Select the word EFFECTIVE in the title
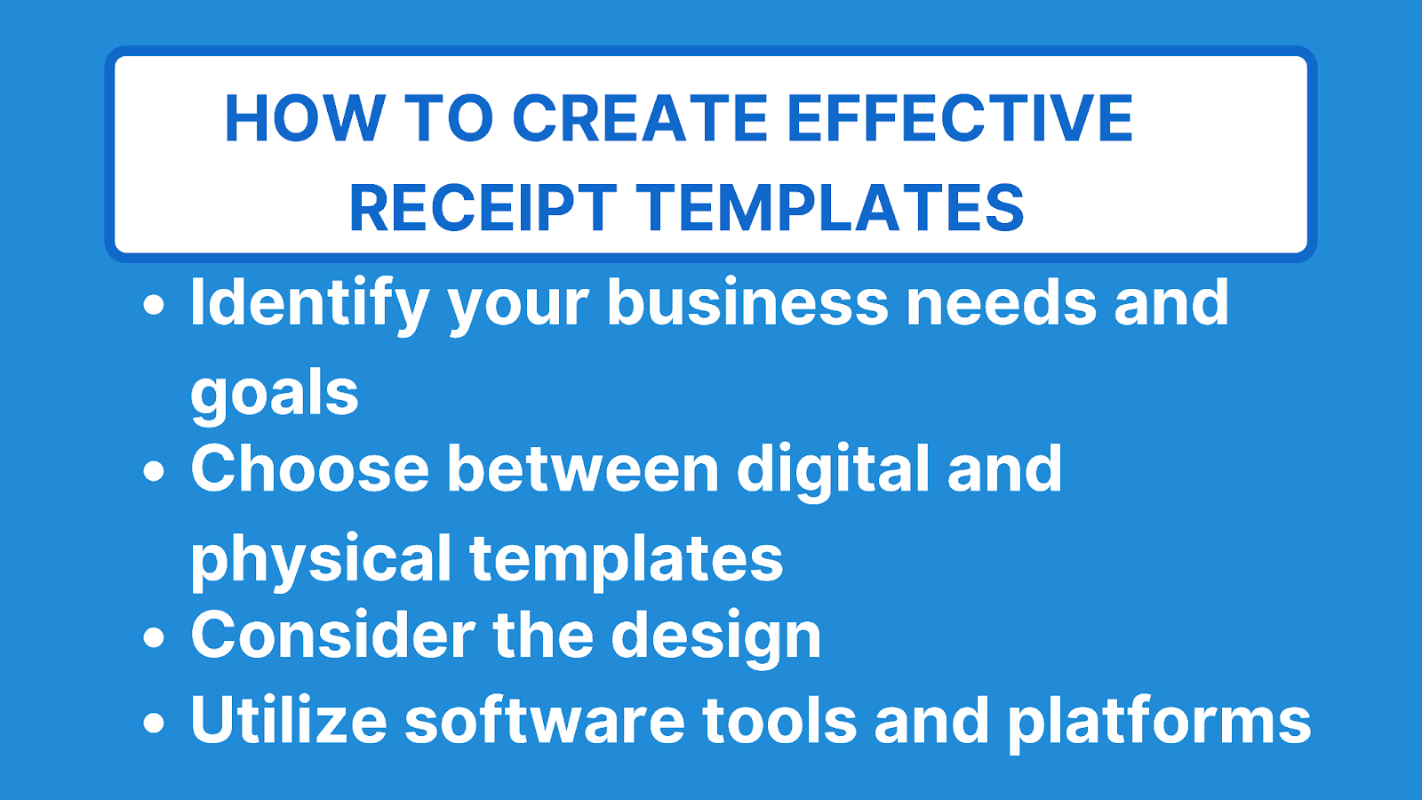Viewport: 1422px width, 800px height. coord(960,118)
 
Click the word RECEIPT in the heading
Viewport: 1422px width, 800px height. coord(483,208)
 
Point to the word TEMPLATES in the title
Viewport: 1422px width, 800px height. coord(830,208)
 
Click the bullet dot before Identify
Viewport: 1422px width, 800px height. coord(155,305)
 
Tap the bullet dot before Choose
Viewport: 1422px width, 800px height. coord(155,471)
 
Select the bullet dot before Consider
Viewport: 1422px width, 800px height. coord(155,637)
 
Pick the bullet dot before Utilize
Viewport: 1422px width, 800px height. coord(155,722)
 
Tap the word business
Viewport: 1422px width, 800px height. coord(747,303)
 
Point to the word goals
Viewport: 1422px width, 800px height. coord(275,394)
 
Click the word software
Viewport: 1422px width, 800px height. coord(545,721)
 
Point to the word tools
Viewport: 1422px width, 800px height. coord(779,721)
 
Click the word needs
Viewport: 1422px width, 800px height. coord(1001,303)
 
